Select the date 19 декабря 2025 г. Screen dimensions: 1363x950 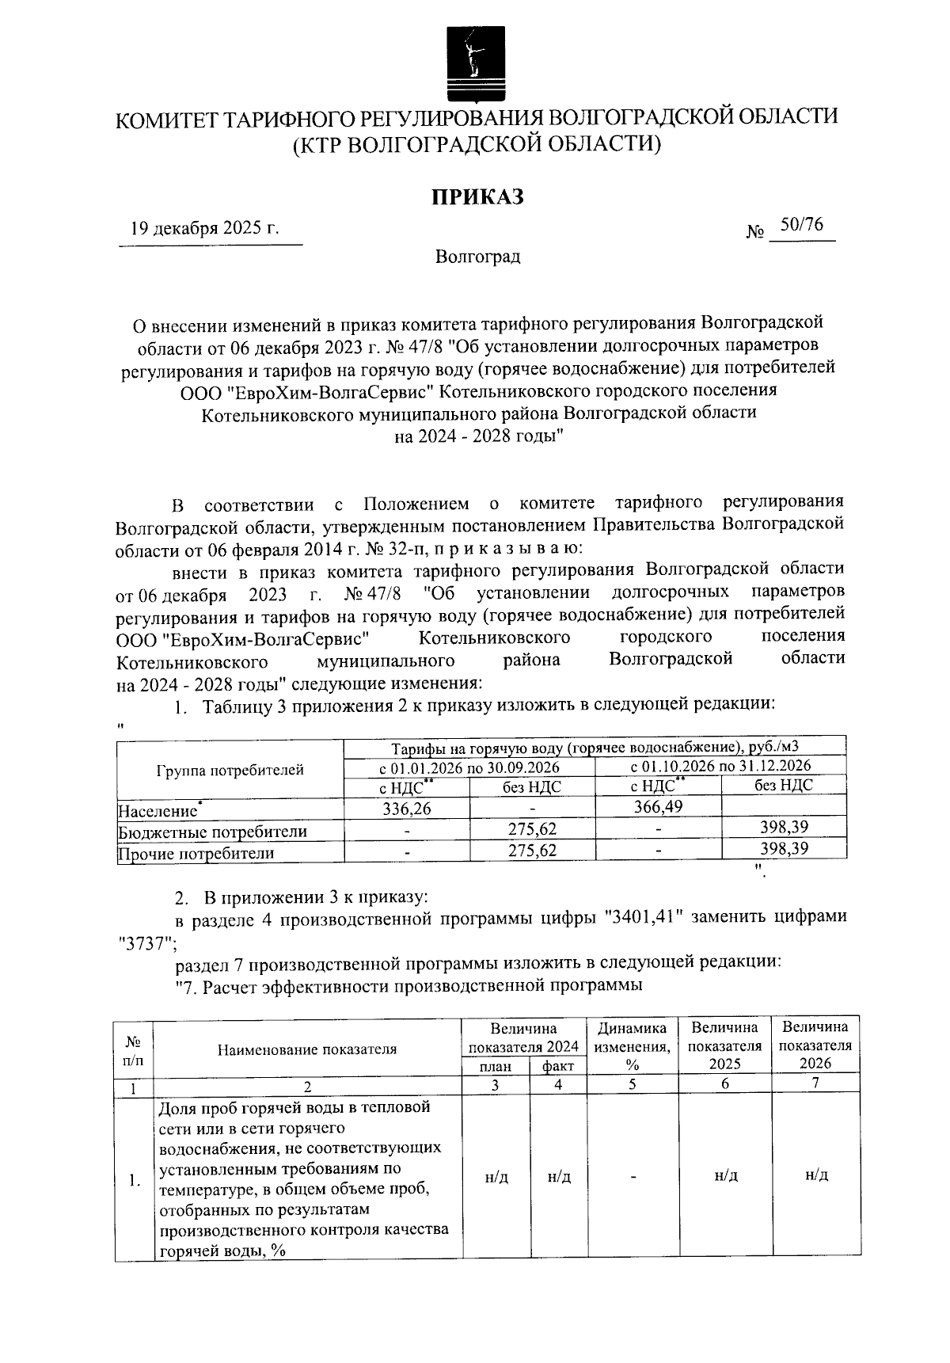coord(205,229)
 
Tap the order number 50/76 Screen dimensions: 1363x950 coord(801,225)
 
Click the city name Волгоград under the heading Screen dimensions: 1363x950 coord(477,257)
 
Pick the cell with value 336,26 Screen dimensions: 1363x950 coord(407,807)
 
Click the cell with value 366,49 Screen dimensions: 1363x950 coord(658,806)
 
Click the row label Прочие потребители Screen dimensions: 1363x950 coord(196,852)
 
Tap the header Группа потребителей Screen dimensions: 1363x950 coord(230,769)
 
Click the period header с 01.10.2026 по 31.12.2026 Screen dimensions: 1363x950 coord(720,766)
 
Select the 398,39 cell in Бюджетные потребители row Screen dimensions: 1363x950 coord(784,827)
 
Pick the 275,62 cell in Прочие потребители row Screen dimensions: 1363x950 coord(532,850)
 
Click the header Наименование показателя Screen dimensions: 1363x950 coord(307,1049)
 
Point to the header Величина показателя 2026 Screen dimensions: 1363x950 coord(815,1045)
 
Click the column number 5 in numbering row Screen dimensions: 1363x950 coord(632,1084)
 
